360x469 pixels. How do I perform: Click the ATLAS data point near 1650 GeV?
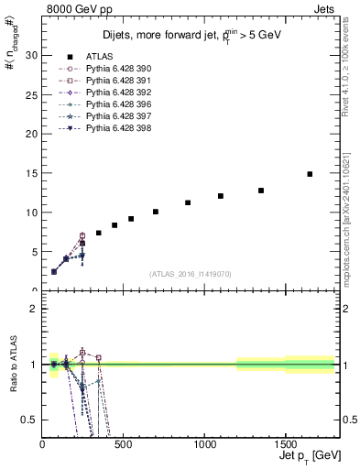pyautogui.click(x=310, y=174)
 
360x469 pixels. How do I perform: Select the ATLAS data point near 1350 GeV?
pyautogui.click(x=261, y=191)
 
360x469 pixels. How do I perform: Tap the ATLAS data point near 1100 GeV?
pyautogui.click(x=221, y=196)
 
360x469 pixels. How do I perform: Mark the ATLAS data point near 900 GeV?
pyautogui.click(x=188, y=202)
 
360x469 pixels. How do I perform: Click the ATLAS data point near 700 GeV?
pyautogui.click(x=156, y=212)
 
